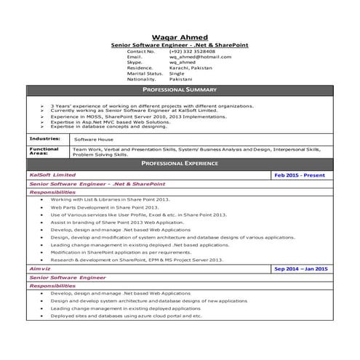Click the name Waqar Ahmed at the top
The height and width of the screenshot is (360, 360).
(179, 37)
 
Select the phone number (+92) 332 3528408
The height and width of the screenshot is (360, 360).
(192, 52)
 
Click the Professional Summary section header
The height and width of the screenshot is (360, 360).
(179, 89)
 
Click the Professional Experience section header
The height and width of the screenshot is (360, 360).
(179, 164)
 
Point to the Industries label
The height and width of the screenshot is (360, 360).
(45, 137)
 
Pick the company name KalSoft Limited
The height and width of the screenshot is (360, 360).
(52, 175)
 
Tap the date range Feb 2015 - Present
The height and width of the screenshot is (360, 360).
(300, 175)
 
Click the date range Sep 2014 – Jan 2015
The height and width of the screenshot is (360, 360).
(300, 268)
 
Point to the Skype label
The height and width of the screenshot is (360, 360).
(135, 63)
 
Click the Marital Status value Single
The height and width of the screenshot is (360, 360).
(177, 73)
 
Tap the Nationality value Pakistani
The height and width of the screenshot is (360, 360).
(181, 79)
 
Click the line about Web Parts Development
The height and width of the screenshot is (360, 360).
(110, 207)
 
